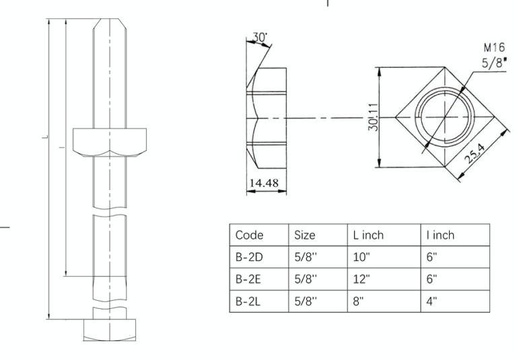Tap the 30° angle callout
point(260,38)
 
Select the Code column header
point(249,236)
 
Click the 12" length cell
point(361,279)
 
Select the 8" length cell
point(358,300)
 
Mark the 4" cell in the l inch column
point(431,300)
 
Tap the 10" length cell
point(361,257)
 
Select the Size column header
point(305,236)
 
